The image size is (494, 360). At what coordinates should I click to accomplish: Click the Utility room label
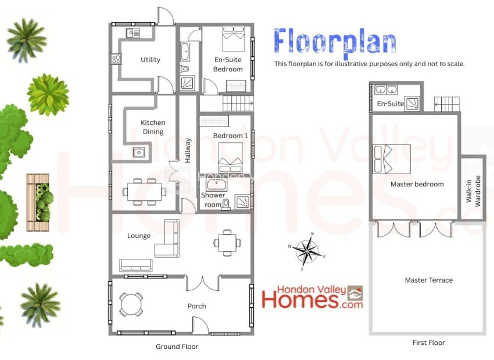pyautogui.click(x=151, y=59)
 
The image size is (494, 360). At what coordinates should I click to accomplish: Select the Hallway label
pyautogui.click(x=188, y=150)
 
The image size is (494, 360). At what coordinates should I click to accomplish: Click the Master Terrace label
pyautogui.click(x=429, y=280)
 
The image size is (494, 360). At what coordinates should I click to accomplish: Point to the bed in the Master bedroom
pyautogui.click(x=392, y=159)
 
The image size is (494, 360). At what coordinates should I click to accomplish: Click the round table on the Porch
pyautogui.click(x=131, y=304)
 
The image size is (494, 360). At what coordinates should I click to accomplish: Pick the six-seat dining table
pyautogui.click(x=145, y=192)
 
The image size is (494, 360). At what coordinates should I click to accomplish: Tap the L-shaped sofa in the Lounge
pyautogui.click(x=167, y=238)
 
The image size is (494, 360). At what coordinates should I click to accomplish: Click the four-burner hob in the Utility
pyautogui.click(x=116, y=59)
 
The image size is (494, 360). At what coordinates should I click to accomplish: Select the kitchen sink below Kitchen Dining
pyautogui.click(x=139, y=152)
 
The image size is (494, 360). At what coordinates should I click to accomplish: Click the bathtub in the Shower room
pyautogui.click(x=216, y=185)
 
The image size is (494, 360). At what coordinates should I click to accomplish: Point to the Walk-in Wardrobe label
pyautogui.click(x=473, y=191)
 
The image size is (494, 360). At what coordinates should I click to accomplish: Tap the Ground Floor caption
pyautogui.click(x=177, y=347)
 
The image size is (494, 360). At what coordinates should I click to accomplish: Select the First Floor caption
pyautogui.click(x=429, y=343)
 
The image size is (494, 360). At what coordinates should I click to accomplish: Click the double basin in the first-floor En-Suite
pyautogui.click(x=386, y=89)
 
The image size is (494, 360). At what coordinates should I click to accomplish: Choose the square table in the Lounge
pyautogui.click(x=227, y=243)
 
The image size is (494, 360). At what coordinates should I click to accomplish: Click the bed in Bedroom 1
pyautogui.click(x=230, y=157)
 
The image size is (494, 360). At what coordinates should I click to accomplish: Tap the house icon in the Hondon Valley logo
pyautogui.click(x=355, y=294)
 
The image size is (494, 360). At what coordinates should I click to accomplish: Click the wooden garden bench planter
pyautogui.click(x=38, y=202)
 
